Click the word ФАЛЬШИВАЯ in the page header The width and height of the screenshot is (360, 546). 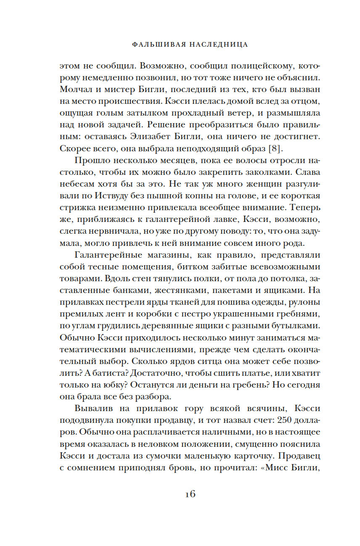154,44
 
